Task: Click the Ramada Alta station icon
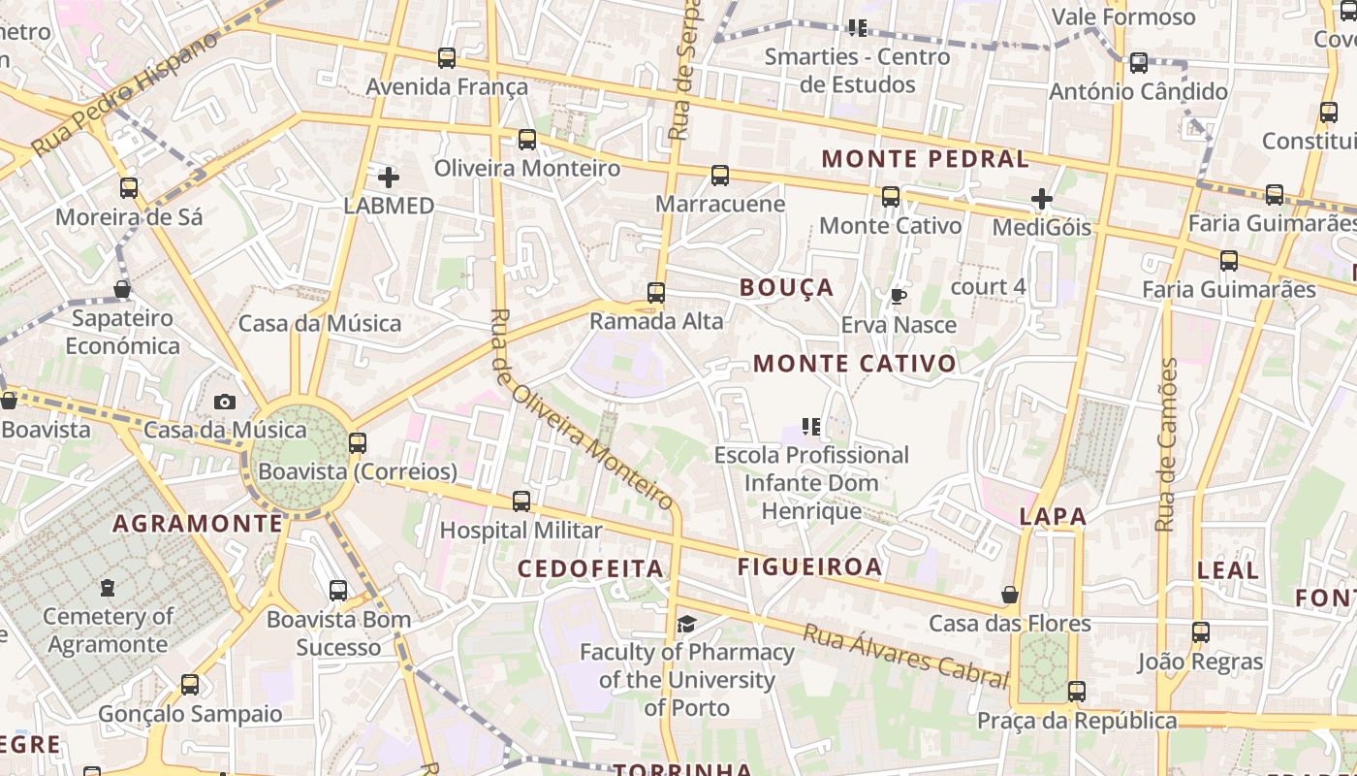tap(656, 292)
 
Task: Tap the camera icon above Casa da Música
tap(225, 402)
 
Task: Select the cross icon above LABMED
tap(388, 178)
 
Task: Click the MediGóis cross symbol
tap(1042, 200)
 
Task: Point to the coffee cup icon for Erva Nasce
tap(899, 296)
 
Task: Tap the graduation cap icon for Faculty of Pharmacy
tap(686, 624)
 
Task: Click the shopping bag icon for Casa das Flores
tap(1010, 595)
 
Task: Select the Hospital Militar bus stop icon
tap(521, 501)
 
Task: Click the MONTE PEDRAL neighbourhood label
tap(925, 158)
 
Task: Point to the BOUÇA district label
tap(786, 287)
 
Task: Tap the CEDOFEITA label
tap(590, 568)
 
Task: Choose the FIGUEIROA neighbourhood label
tap(809, 566)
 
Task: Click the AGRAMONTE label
tap(198, 524)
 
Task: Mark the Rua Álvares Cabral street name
tap(905, 655)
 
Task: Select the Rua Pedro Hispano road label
tap(126, 94)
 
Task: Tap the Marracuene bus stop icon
tap(719, 176)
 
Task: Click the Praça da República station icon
tap(1076, 692)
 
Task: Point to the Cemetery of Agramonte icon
tap(108, 588)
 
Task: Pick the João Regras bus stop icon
tap(1201, 632)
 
